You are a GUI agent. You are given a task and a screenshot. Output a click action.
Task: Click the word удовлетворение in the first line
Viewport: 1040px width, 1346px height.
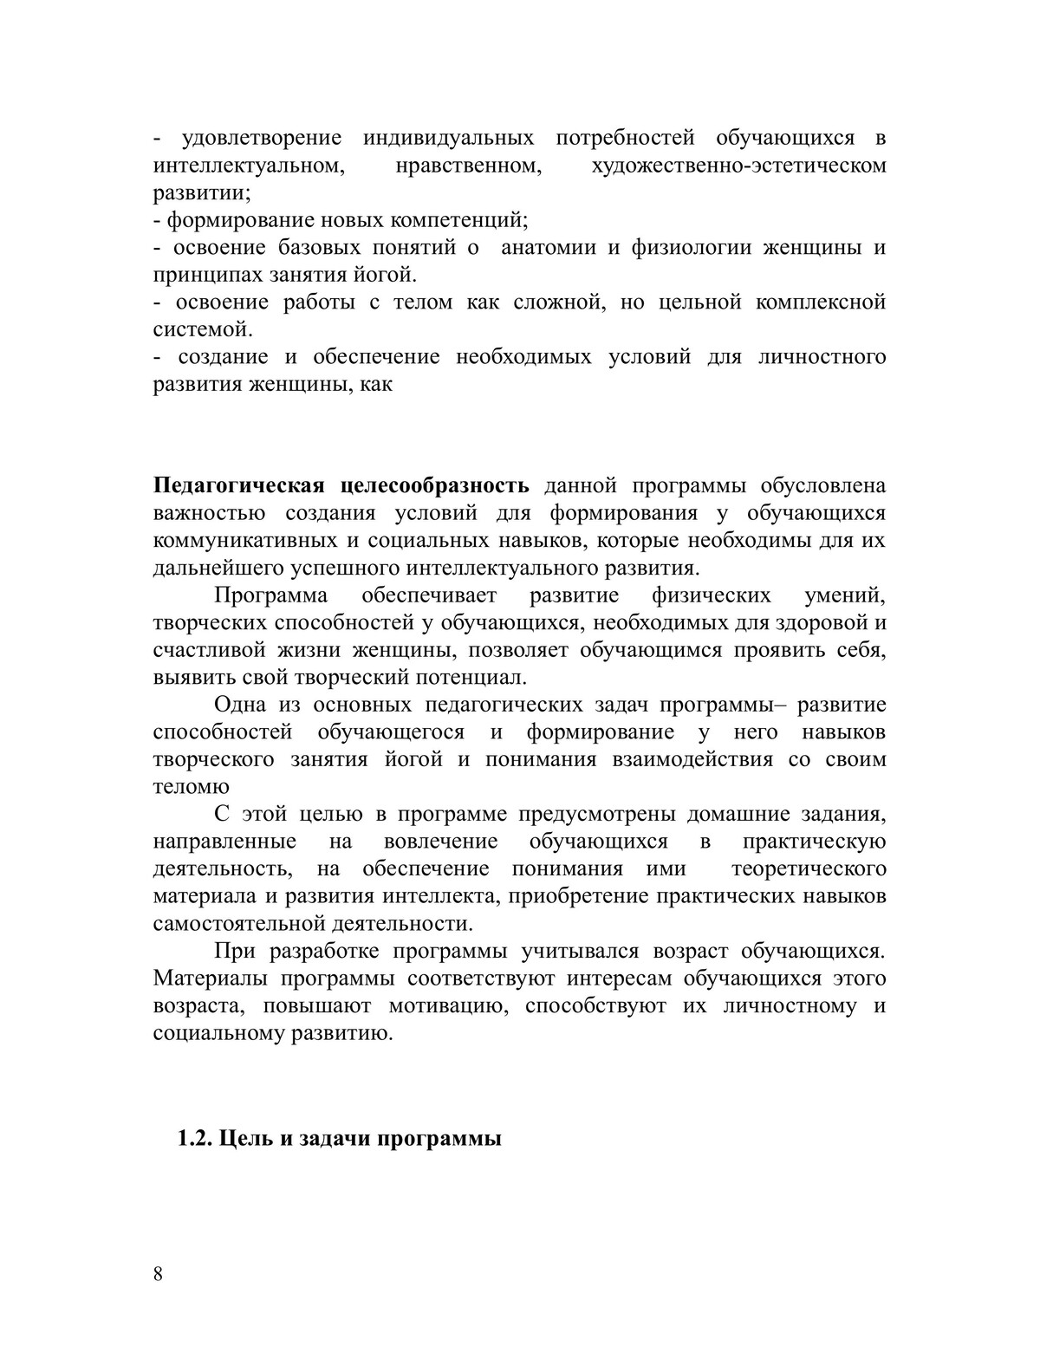[x=262, y=138]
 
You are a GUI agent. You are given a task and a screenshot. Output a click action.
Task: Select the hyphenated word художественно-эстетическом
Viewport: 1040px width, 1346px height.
[x=738, y=166]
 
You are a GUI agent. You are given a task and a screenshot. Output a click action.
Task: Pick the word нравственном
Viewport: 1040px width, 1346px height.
[x=468, y=166]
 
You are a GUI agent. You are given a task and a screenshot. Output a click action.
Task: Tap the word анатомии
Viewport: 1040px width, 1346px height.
[x=549, y=247]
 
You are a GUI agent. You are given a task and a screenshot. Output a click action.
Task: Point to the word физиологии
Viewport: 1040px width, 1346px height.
[x=686, y=247]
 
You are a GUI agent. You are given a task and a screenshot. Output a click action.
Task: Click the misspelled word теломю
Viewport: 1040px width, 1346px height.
[x=191, y=787]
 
